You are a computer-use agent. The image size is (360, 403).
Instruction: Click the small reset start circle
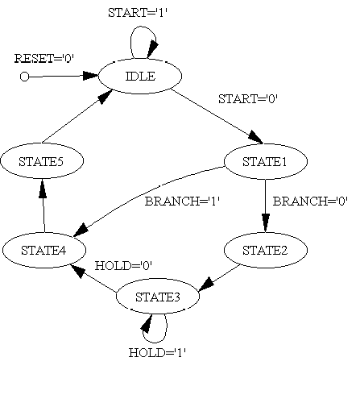click(24, 77)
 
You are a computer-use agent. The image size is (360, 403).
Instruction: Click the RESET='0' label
click(44, 58)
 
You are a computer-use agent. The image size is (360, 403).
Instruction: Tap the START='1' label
click(138, 13)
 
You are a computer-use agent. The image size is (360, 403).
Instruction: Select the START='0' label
click(248, 99)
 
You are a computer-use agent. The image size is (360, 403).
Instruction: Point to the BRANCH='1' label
click(183, 201)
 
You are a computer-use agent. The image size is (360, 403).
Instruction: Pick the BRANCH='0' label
click(310, 201)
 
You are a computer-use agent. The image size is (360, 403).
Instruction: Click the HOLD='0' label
click(123, 266)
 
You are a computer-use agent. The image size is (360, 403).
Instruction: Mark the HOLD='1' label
click(158, 352)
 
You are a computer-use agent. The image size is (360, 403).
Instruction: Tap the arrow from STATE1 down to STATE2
click(266, 206)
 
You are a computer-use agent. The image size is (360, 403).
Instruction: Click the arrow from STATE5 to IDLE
click(77, 116)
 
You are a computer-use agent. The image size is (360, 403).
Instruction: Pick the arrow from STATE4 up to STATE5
click(43, 206)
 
